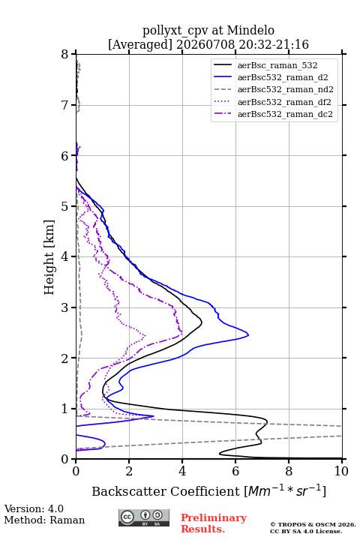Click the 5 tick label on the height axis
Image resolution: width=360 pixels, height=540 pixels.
64,206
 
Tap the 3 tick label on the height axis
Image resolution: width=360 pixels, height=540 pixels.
64,307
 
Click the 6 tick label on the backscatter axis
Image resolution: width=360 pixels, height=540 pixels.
235,471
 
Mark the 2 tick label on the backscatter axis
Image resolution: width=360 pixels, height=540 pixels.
129,471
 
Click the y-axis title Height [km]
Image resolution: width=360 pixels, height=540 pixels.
49,257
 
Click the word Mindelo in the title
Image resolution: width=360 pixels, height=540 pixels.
250,30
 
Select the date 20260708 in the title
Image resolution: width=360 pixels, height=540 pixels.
205,44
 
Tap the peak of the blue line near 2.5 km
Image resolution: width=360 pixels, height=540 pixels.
248,334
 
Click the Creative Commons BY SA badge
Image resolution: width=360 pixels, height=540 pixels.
144,518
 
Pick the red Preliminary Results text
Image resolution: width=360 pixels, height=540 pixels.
214,523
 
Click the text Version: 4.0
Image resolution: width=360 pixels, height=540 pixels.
34,508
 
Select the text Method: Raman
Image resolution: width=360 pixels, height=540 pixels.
44,520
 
